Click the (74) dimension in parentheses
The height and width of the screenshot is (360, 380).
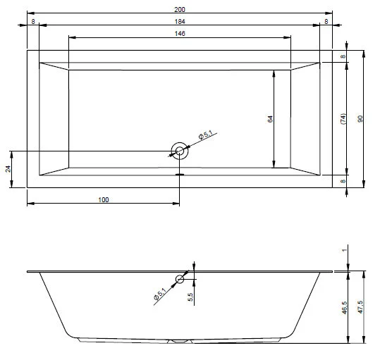coord(343,119)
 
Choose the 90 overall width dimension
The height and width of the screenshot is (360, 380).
coord(360,119)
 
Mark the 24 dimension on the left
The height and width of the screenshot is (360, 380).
coord(8,169)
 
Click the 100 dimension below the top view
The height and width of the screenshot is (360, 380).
coord(104,200)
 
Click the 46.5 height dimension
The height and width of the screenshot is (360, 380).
coord(344,308)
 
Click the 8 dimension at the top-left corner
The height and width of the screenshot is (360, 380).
coord(33,22)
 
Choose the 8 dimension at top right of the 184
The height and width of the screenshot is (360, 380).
coord(326,22)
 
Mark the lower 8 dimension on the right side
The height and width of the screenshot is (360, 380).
coord(343,182)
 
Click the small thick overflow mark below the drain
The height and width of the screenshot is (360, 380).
coord(180,169)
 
